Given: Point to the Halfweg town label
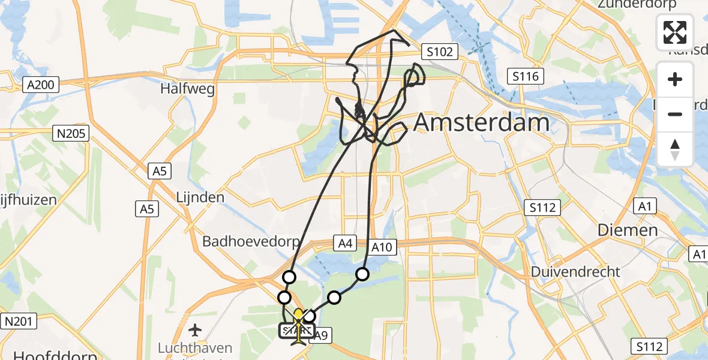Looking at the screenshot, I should pyautogui.click(x=187, y=89).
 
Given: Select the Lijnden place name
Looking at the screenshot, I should pyautogui.click(x=200, y=197).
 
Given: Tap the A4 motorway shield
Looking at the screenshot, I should pyautogui.click(x=344, y=243).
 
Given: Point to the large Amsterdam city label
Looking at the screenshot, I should pyautogui.click(x=481, y=122).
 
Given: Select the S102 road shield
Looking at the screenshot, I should pyautogui.click(x=439, y=52).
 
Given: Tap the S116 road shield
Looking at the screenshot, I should pyautogui.click(x=526, y=76).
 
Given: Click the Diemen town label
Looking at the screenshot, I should pyautogui.click(x=628, y=230).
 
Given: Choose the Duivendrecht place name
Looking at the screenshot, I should pyautogui.click(x=575, y=272).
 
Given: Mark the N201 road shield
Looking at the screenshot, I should pyautogui.click(x=18, y=321).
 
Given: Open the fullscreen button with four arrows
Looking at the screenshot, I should pyautogui.click(x=675, y=32).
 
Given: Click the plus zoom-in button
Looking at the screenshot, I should pyautogui.click(x=675, y=79).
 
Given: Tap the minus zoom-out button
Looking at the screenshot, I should pyautogui.click(x=675, y=114).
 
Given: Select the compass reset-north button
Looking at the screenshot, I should pyautogui.click(x=675, y=149).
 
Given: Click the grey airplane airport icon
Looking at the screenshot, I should pyautogui.click(x=195, y=329).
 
